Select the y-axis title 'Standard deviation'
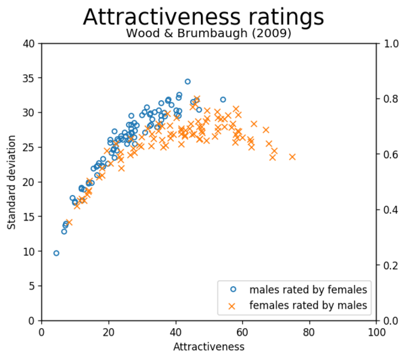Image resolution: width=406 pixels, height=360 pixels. coord(12,181)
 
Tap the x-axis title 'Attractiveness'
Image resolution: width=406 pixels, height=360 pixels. coord(208,346)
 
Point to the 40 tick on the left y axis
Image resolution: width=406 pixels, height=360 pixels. coord(28,43)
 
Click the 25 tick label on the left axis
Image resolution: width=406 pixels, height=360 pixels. coord(28,148)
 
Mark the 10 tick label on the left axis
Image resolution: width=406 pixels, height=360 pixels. coord(28,251)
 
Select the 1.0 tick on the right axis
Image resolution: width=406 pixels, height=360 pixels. coord(390,43)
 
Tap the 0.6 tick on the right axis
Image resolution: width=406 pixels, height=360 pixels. coord(390,154)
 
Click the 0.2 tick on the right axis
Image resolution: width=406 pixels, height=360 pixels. coord(390,265)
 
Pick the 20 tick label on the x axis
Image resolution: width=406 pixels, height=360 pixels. coord(108,332)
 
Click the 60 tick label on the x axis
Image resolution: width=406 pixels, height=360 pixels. coord(242,332)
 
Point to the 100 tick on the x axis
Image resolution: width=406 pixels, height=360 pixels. coord(376,332)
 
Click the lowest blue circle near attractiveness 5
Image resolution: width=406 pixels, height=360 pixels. coord(56,253)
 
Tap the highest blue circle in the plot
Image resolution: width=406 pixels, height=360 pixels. coord(187,81)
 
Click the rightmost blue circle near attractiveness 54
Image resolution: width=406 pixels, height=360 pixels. coord(223,99)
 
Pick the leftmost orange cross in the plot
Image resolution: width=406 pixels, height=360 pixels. coord(69,222)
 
